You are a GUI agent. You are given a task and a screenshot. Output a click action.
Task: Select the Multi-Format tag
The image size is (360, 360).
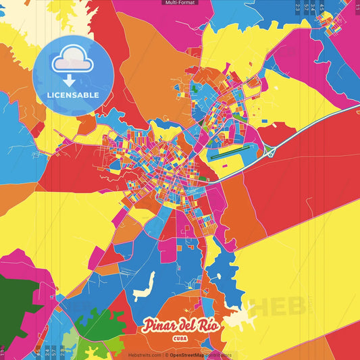pos(180,3)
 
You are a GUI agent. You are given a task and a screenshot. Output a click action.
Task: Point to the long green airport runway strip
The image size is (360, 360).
pos(230,152)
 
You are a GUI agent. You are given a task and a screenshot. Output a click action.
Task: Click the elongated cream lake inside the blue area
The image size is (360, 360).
pos(146,287)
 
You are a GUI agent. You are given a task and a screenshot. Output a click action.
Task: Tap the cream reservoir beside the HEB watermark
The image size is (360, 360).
pos(242,315)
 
